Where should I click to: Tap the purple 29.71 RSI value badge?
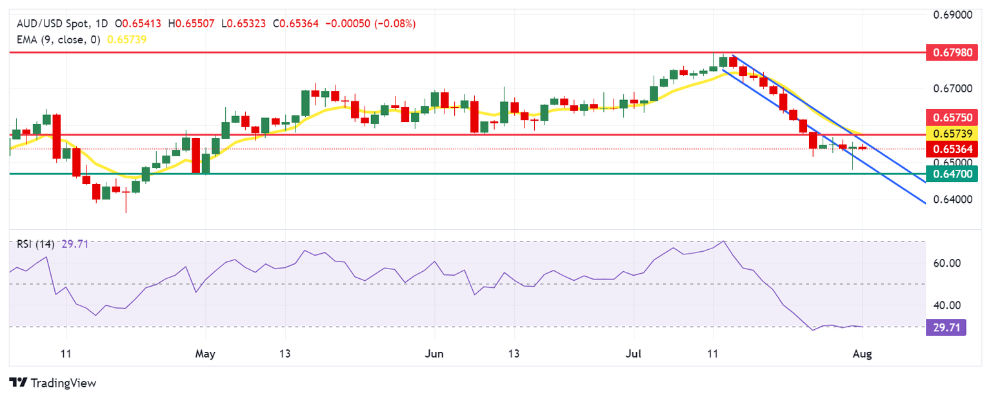pyautogui.click(x=945, y=327)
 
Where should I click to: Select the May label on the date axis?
pyautogui.click(x=205, y=354)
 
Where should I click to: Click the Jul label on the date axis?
pyautogui.click(x=634, y=354)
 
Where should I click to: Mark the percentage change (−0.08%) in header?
pyautogui.click(x=392, y=24)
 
